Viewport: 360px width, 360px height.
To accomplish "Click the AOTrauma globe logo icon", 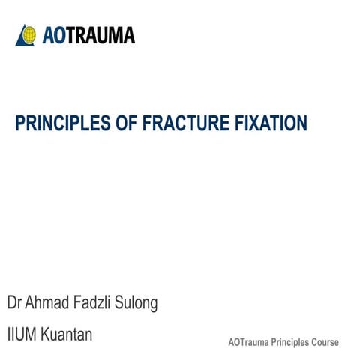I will point(27,35).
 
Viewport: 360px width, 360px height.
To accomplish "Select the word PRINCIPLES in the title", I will point(59,123).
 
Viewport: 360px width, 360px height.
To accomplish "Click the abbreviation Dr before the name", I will point(14,303).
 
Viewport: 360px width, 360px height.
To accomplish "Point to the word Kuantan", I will point(68,334).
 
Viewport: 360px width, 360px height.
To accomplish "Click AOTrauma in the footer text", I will point(248,342).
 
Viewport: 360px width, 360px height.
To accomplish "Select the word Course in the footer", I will point(326,342).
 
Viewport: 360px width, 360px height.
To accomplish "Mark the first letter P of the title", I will point(20,123).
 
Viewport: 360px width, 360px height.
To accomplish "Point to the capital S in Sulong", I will point(120,303).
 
